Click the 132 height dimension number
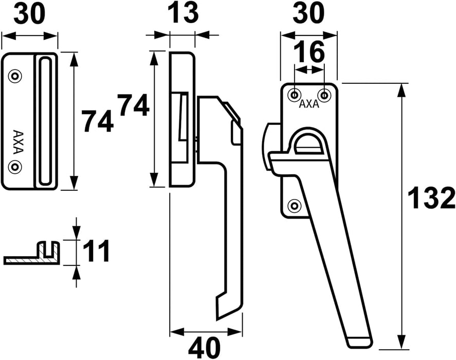click(431, 199)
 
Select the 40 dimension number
click(205, 348)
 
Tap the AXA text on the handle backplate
click(309, 104)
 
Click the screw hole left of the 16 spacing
click(294, 95)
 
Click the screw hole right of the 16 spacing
click(324, 95)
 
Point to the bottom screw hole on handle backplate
click(294, 205)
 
